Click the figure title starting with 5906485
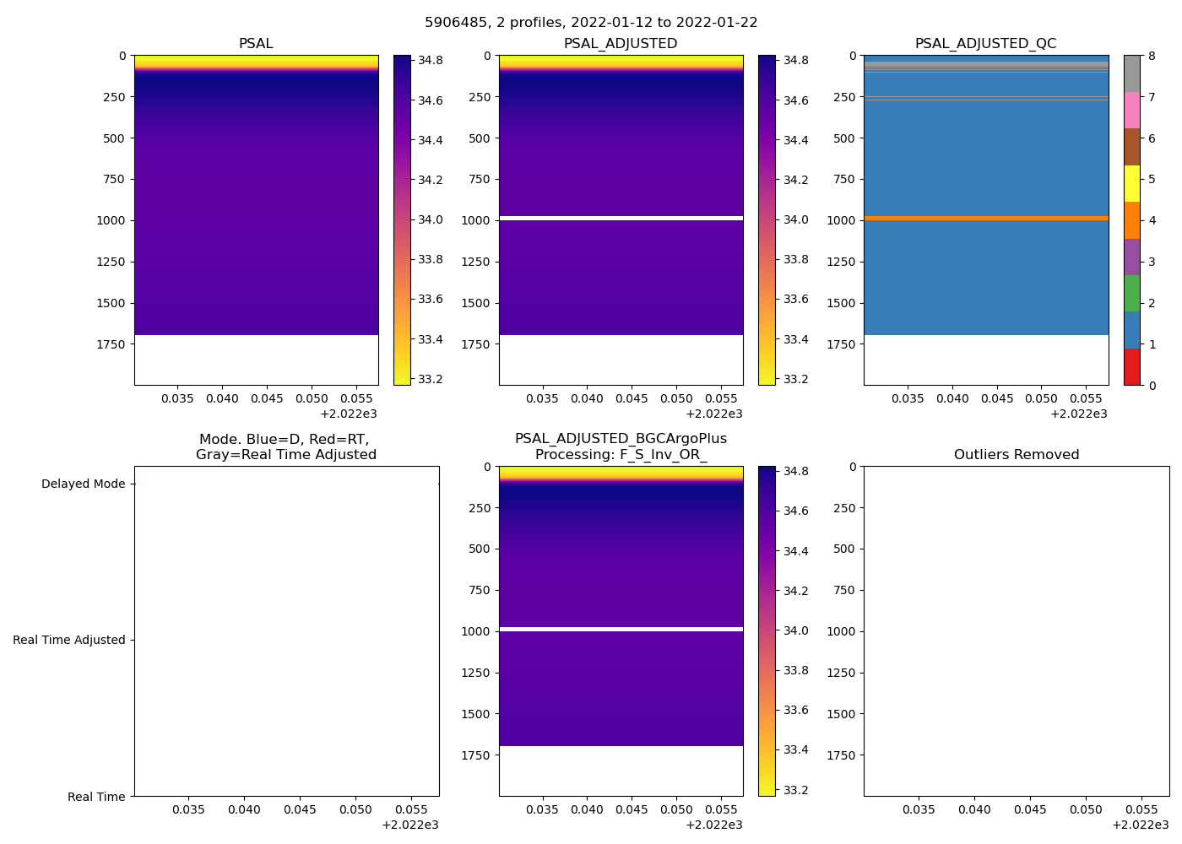click(591, 23)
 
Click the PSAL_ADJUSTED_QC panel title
click(985, 44)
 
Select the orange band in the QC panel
click(985, 219)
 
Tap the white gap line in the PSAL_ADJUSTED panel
click(621, 219)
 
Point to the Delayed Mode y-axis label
click(83, 484)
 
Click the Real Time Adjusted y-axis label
click(69, 641)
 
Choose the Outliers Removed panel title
click(1016, 455)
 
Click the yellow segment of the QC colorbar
click(1131, 183)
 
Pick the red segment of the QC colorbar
click(1131, 367)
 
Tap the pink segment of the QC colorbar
click(1131, 110)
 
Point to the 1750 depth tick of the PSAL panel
click(111, 344)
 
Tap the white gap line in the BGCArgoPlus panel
click(621, 630)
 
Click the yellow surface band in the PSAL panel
click(256, 61)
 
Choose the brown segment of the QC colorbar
click(1131, 147)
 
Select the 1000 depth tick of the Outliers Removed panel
click(841, 631)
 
